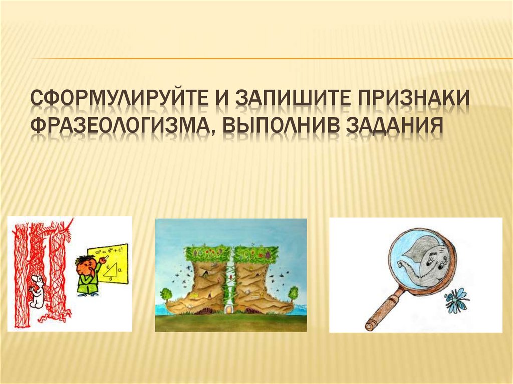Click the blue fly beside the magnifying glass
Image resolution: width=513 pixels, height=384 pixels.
(456, 299)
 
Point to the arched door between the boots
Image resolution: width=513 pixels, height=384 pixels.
(231, 310)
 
